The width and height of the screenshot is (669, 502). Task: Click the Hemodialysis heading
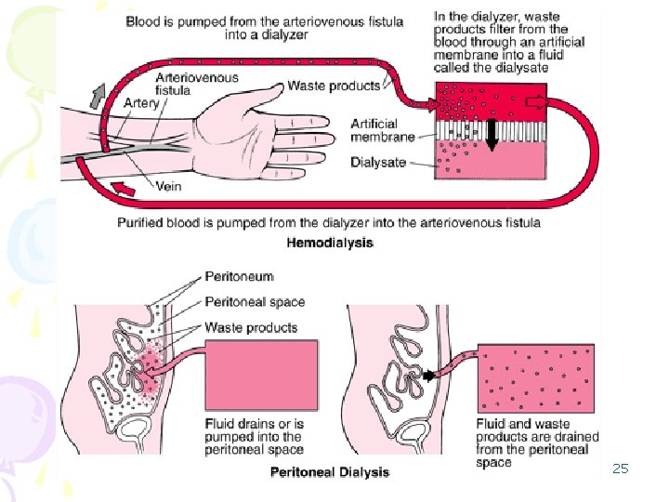tap(330, 243)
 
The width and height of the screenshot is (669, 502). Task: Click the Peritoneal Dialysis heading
tap(330, 472)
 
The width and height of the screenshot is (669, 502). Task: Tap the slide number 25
tap(621, 469)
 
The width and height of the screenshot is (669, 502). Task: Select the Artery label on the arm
tap(141, 103)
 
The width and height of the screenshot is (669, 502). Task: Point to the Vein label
tap(167, 187)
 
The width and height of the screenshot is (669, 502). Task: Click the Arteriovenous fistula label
tap(197, 84)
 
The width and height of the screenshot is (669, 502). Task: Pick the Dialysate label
tap(378, 162)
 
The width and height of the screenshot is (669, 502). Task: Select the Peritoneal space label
tap(254, 301)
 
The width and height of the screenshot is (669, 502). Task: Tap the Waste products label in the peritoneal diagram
tap(251, 327)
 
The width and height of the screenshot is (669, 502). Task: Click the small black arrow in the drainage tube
tap(429, 376)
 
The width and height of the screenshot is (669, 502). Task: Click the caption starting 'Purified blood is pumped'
tap(329, 223)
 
